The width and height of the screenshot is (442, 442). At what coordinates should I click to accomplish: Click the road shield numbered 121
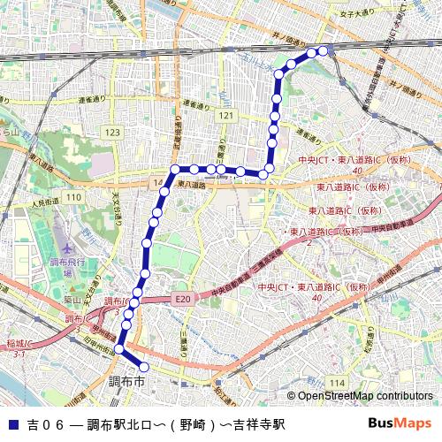coord(227,116)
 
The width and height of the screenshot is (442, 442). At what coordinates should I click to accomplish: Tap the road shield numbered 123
coord(112,132)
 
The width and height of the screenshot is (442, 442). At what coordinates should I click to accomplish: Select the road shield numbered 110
coord(73,196)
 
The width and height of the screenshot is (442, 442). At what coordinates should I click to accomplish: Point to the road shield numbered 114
coord(336,381)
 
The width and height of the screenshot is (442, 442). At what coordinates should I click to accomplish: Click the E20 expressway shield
coord(182,300)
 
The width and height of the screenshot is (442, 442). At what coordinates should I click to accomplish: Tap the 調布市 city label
coord(126,382)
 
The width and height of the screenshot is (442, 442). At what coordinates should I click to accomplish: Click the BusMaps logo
coord(400,423)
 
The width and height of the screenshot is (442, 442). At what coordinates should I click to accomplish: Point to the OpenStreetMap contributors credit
coord(364,396)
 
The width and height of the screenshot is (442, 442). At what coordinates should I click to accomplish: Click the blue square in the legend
coord(12,424)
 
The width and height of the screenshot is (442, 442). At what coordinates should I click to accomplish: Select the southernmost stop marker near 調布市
coord(144,367)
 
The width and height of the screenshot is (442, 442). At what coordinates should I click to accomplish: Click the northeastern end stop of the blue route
coord(323,50)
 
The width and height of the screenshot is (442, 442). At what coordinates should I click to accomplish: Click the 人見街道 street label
coord(44,203)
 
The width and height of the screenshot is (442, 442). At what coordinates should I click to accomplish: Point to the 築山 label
coord(72,300)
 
